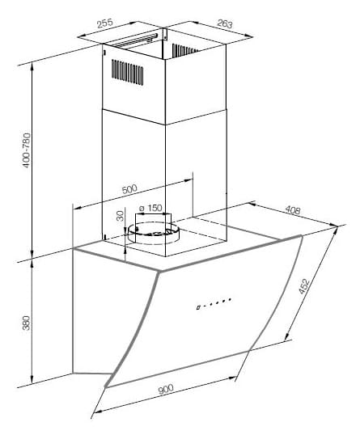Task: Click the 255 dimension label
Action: (x=104, y=23)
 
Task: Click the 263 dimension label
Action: (x=224, y=24)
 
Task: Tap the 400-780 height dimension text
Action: (x=27, y=150)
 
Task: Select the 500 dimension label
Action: (x=129, y=189)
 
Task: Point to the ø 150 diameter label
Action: (x=150, y=208)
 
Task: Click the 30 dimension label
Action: (x=120, y=216)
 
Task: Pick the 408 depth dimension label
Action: (x=293, y=210)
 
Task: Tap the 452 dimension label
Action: (x=304, y=286)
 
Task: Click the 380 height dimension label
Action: (x=26, y=323)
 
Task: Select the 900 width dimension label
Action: (x=166, y=389)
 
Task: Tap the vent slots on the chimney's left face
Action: (x=127, y=72)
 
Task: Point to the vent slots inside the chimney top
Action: (x=184, y=50)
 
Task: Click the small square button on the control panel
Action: (x=198, y=308)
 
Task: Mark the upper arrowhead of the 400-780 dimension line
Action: (x=32, y=65)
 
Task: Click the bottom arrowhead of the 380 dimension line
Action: (x=32, y=381)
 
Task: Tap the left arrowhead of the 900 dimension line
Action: (x=95, y=412)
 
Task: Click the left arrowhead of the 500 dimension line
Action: (x=77, y=208)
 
